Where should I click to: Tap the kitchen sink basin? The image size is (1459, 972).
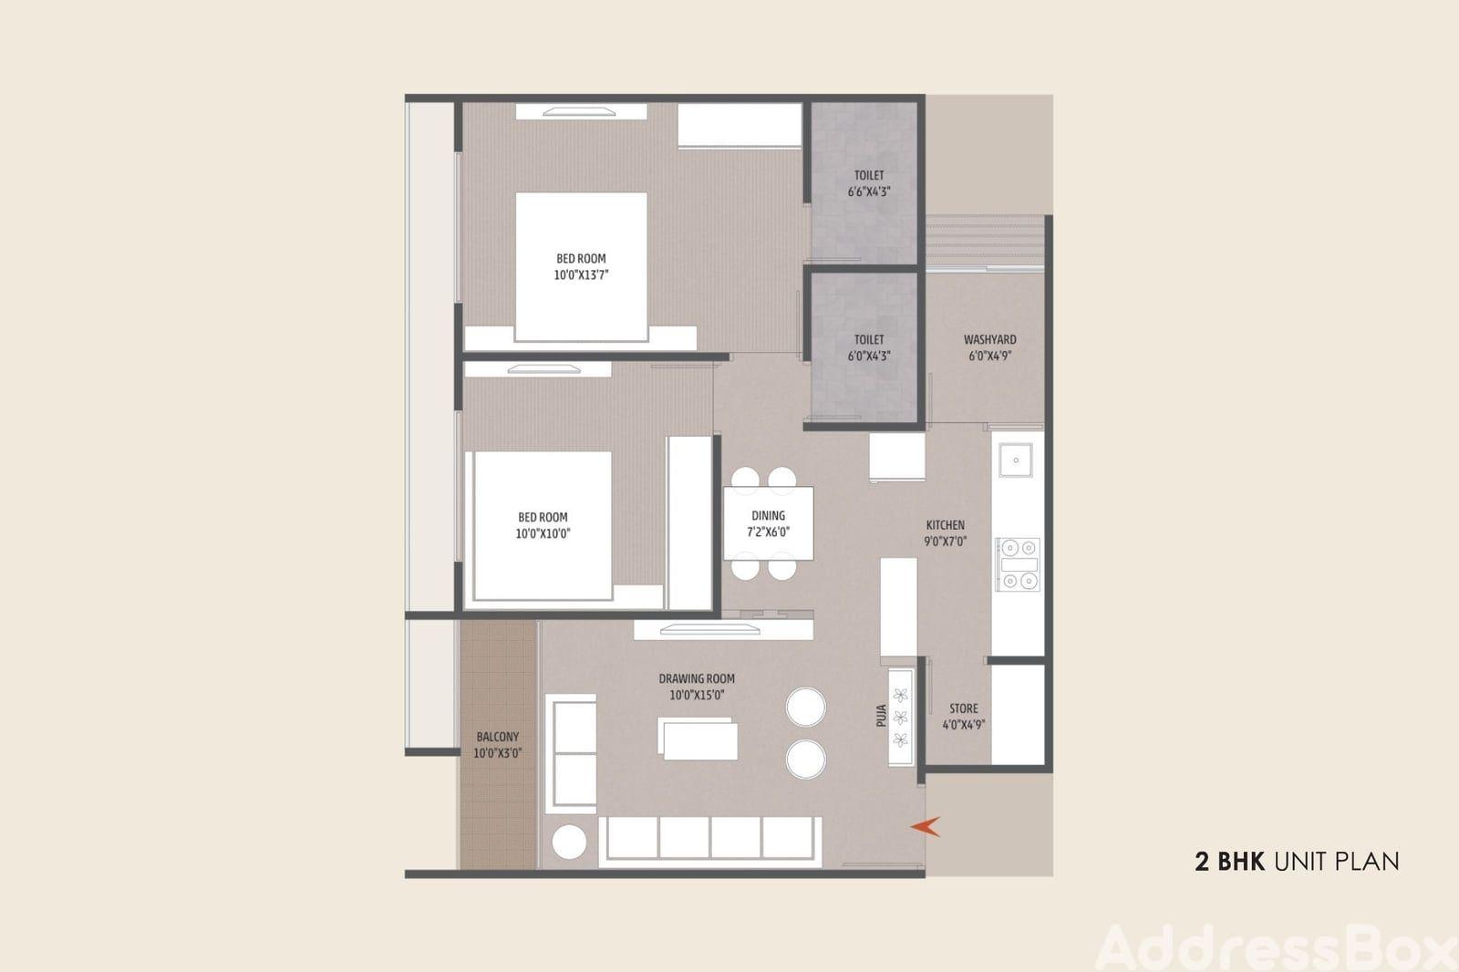point(1016,460)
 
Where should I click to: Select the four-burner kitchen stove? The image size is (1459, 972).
point(1019,564)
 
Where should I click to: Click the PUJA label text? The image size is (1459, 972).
point(881,715)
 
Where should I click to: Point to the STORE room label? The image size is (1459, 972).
point(963,708)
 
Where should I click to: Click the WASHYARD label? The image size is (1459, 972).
point(990,339)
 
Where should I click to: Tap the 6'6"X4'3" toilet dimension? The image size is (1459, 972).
point(869,191)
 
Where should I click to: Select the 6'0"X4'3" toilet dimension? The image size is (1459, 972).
point(869,356)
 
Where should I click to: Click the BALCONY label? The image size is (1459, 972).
point(498,737)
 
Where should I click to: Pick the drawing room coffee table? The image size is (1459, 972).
point(698,739)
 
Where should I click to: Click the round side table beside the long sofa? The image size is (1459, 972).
point(569,842)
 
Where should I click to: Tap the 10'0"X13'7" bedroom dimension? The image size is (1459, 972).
point(581,275)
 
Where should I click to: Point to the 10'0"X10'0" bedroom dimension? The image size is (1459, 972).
point(543,533)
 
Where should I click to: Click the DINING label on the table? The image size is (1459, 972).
point(769,515)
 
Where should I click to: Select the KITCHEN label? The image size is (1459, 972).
point(945,524)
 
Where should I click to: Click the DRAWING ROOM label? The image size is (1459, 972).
point(697,678)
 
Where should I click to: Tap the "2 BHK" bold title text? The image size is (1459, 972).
point(1229,862)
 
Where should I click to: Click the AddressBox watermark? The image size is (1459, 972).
point(1277,948)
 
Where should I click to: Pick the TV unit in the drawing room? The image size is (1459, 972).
point(723,629)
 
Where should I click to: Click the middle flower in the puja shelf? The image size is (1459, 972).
point(901,718)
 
